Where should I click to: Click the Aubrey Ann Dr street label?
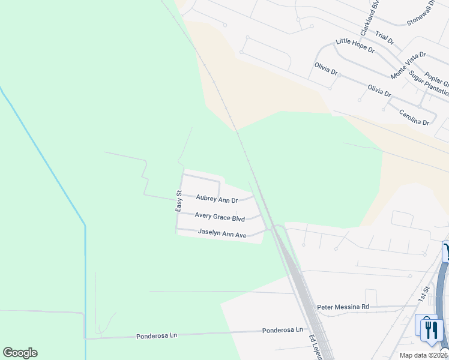[217, 199]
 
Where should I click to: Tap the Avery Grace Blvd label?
[220, 218]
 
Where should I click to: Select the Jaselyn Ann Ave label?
[222, 235]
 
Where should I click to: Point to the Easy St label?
[178, 200]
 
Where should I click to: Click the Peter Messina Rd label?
[343, 306]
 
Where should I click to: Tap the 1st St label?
[425, 293]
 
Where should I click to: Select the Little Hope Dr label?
[355, 46]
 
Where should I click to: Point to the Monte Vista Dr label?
[408, 65]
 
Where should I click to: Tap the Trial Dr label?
[385, 38]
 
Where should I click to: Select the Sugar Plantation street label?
[429, 83]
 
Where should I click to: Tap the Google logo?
[20, 353]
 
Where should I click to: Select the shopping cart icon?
[446, 251]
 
